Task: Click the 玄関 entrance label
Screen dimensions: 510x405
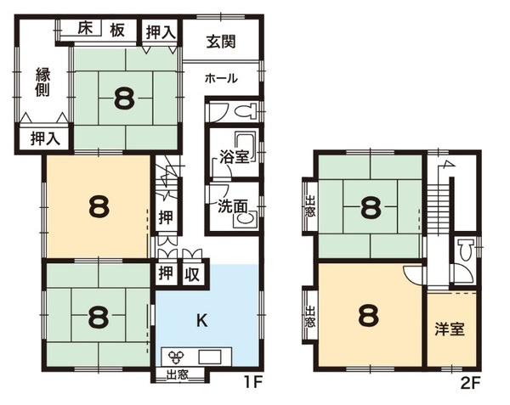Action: click(x=221, y=42)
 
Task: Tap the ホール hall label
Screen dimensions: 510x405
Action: click(x=221, y=78)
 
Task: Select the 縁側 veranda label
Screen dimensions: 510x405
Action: click(x=42, y=82)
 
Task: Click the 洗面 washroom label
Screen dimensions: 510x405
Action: click(x=232, y=206)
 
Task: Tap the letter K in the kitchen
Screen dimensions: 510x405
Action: click(x=202, y=321)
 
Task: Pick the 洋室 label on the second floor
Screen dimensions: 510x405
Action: click(x=450, y=329)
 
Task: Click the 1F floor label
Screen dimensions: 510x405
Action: click(x=253, y=384)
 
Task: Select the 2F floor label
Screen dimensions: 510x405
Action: click(x=471, y=384)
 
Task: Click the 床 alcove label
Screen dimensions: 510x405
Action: click(x=85, y=29)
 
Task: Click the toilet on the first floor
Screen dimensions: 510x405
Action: click(x=246, y=111)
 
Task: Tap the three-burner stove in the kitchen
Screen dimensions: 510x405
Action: click(x=176, y=357)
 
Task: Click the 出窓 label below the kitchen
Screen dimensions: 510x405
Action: click(x=177, y=375)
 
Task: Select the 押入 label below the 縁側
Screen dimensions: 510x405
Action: click(x=45, y=139)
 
